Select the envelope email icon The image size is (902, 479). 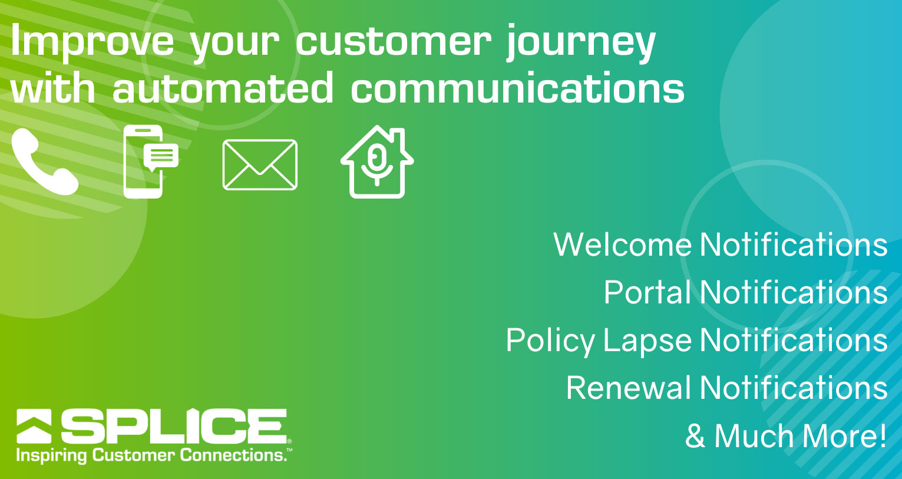[x=260, y=165]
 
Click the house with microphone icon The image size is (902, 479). [x=377, y=161]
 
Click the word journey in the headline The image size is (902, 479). [x=581, y=43]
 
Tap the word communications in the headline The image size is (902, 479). [x=517, y=87]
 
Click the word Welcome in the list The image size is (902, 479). [x=623, y=244]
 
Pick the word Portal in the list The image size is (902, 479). [x=647, y=292]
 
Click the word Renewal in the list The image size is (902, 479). [x=629, y=388]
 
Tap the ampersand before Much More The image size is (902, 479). [x=695, y=436]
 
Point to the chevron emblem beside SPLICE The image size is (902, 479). [x=34, y=426]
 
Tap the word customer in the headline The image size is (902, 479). [x=394, y=42]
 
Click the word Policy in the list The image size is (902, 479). [x=550, y=342]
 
